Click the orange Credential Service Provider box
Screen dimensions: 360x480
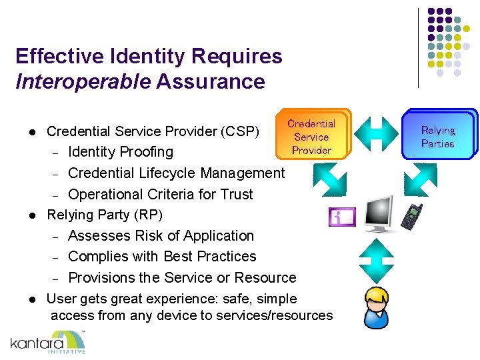[311, 137]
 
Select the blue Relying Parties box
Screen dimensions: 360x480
[438, 137]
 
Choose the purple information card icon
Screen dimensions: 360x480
[342, 217]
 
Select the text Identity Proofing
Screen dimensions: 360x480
[121, 152]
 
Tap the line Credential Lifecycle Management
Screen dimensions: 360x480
[176, 173]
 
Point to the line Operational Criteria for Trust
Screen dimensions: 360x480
[161, 195]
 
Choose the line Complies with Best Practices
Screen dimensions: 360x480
[162, 257]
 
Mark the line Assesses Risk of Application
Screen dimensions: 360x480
[161, 236]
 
